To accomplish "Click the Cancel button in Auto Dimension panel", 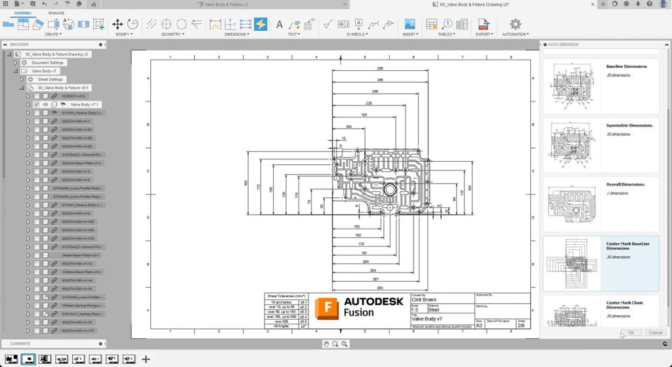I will (x=655, y=332).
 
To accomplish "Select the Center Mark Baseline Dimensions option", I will (x=627, y=246).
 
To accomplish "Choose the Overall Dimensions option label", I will (x=625, y=184).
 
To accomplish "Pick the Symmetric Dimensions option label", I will (x=629, y=125).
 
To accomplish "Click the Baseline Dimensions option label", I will (x=626, y=66).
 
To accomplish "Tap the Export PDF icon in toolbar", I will (x=483, y=25).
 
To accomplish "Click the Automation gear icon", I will (x=515, y=24).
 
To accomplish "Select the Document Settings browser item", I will (x=47, y=62).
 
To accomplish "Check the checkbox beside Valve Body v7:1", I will (x=37, y=104).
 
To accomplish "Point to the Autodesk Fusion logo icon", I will (x=325, y=307).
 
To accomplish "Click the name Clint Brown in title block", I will (x=423, y=299).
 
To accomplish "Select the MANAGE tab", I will (x=56, y=12).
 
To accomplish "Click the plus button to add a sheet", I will (x=146, y=359).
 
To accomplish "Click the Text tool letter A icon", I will (x=279, y=25).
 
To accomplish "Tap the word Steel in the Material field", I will (x=434, y=309).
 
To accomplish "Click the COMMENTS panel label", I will (x=20, y=343).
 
